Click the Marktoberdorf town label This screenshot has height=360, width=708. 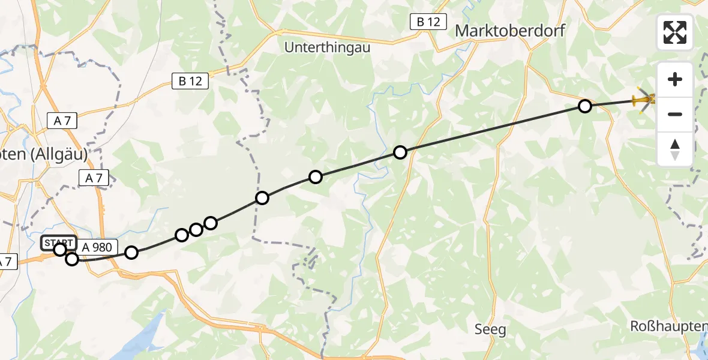coord(510,31)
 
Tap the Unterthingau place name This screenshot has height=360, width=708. coord(327,47)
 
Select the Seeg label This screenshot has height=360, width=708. coord(490,329)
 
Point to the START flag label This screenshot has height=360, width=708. coord(58,242)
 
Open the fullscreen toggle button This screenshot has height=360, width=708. coord(675,32)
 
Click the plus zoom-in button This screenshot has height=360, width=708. coord(675,79)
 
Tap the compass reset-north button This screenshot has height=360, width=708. coord(675,149)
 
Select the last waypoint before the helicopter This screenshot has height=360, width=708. coord(584,106)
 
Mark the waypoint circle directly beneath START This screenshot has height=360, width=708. coord(60,250)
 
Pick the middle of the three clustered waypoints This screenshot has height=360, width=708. coord(196,230)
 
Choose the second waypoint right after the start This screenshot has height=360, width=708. coord(72,259)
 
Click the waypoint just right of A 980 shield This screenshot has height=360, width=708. coord(131,253)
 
